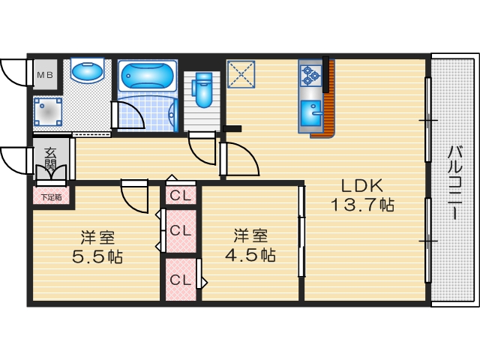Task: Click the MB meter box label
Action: coord(45,75)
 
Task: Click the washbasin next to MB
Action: coord(87,73)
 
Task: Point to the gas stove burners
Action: coord(310,75)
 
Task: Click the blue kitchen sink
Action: coord(310,115)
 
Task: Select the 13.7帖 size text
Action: coord(363,204)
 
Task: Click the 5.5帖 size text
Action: coord(98,256)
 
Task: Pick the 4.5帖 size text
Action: coord(250,253)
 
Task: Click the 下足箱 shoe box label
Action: coord(51,197)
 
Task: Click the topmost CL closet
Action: coord(180,196)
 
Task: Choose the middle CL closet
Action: coord(180,230)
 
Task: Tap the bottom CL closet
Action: coord(180,280)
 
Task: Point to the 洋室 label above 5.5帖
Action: coord(98,238)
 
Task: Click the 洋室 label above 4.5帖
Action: coord(249,235)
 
